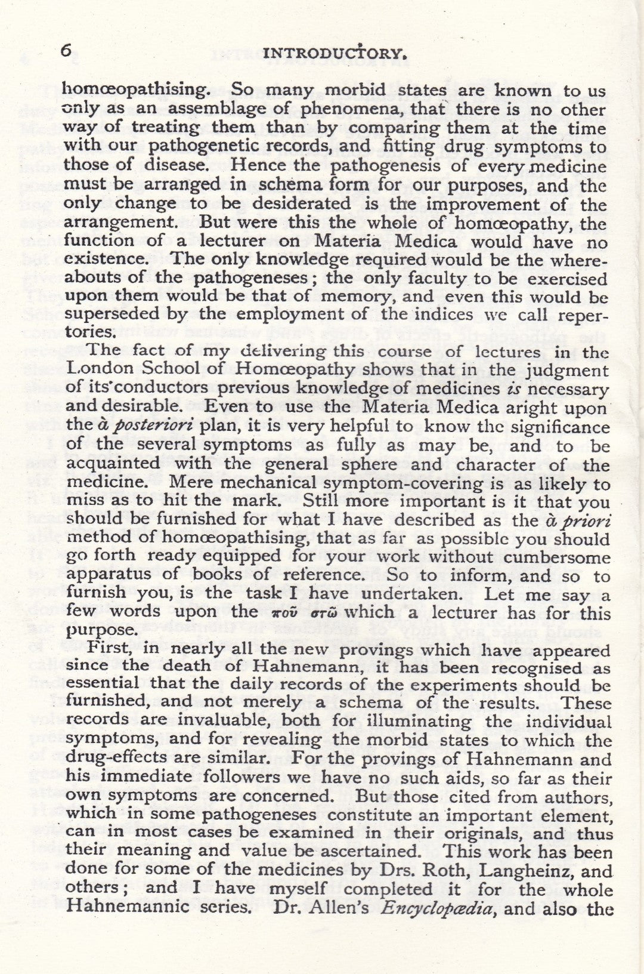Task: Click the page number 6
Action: [66, 51]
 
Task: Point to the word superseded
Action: [126, 315]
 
